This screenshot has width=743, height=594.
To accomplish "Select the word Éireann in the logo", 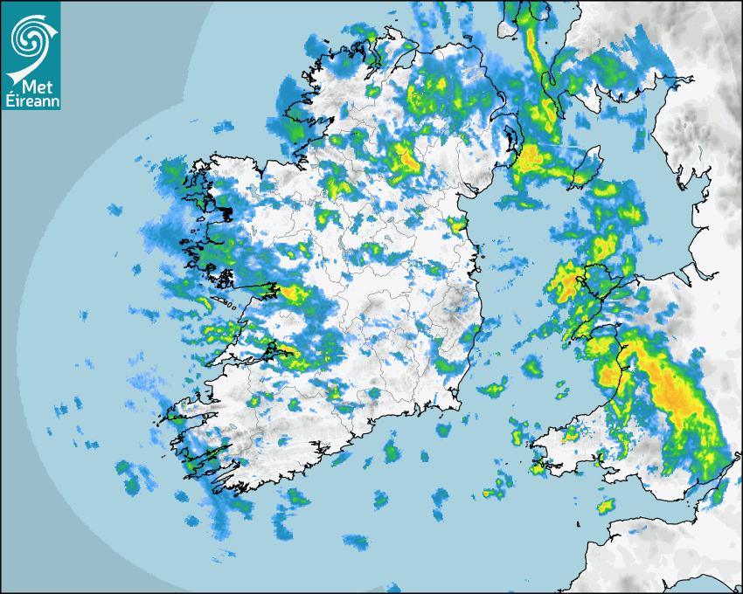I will coord(31,102).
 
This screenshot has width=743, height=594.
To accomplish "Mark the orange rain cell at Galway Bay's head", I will coord(288,292).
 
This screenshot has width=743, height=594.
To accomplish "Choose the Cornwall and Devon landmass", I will coord(664,546).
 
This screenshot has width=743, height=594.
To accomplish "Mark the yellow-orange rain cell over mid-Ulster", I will coord(404,157).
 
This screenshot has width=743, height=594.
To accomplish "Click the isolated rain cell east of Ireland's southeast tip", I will coord(495,388).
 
